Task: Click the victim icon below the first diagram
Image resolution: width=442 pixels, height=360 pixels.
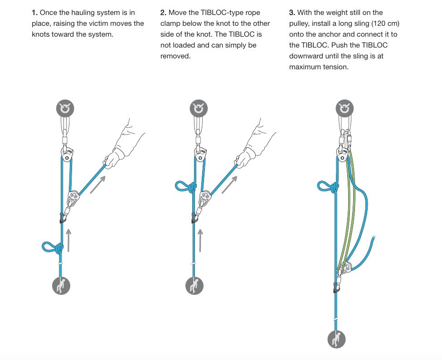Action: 62,285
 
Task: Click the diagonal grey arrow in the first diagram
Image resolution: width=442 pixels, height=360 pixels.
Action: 98,184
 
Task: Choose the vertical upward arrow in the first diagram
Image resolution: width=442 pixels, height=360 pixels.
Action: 69,240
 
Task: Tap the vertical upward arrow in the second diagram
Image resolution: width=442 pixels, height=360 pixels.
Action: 200,240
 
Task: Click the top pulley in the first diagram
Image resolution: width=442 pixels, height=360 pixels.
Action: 67,154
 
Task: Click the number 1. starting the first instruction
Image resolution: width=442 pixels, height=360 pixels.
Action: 34,13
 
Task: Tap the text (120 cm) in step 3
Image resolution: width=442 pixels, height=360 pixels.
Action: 380,24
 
